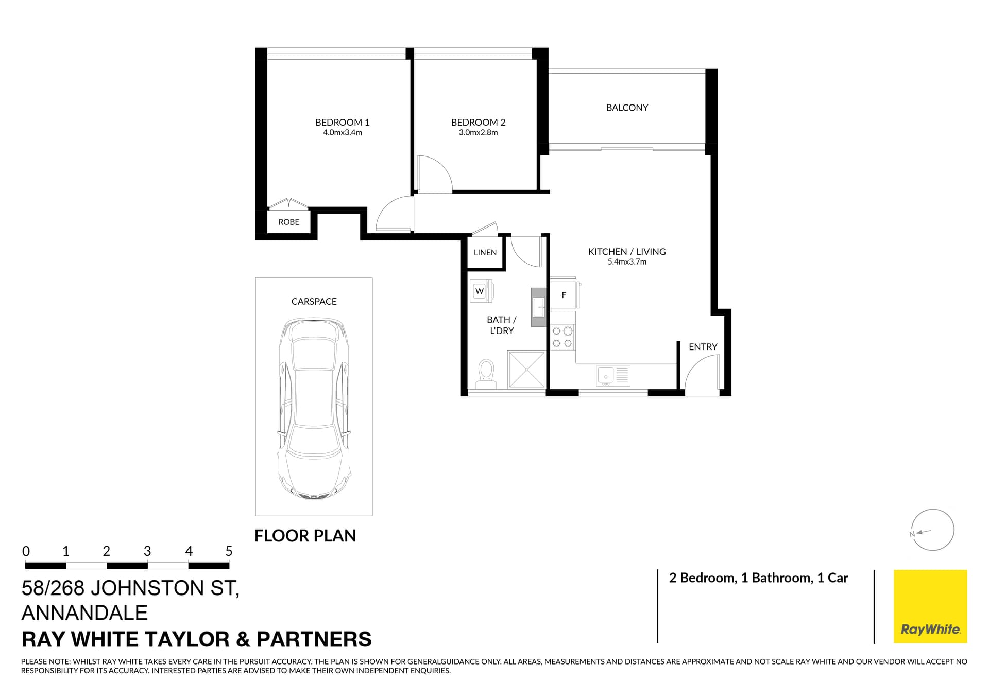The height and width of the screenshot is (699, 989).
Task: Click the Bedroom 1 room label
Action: pyautogui.click(x=342, y=123)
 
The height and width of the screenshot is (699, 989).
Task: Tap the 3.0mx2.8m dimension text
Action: pyautogui.click(x=478, y=133)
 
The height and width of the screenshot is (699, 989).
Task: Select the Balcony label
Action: pyautogui.click(x=627, y=108)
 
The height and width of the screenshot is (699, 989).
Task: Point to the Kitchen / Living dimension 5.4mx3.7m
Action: pyautogui.click(x=627, y=262)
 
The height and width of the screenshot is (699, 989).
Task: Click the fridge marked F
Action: pyautogui.click(x=564, y=295)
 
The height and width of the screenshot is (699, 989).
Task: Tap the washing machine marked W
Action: pyautogui.click(x=480, y=291)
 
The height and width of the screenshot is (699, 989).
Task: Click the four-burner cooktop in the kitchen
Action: pyautogui.click(x=562, y=337)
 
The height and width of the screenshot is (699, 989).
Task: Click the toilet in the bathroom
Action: pyautogui.click(x=486, y=374)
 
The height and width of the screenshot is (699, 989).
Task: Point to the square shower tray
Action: pyautogui.click(x=526, y=369)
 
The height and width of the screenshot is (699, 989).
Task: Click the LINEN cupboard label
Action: pyautogui.click(x=485, y=253)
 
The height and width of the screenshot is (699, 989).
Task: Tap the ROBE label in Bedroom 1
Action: pyautogui.click(x=288, y=222)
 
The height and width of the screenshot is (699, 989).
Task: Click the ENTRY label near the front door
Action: pyautogui.click(x=703, y=347)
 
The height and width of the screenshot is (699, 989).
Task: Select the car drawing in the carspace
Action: pyautogui.click(x=314, y=409)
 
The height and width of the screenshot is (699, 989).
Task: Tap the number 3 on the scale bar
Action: pyautogui.click(x=147, y=551)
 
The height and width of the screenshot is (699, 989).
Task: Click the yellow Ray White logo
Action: pyautogui.click(x=930, y=606)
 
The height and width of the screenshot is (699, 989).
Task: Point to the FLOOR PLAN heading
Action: pyautogui.click(x=305, y=536)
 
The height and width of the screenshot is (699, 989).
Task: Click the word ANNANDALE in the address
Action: pyautogui.click(x=84, y=613)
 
